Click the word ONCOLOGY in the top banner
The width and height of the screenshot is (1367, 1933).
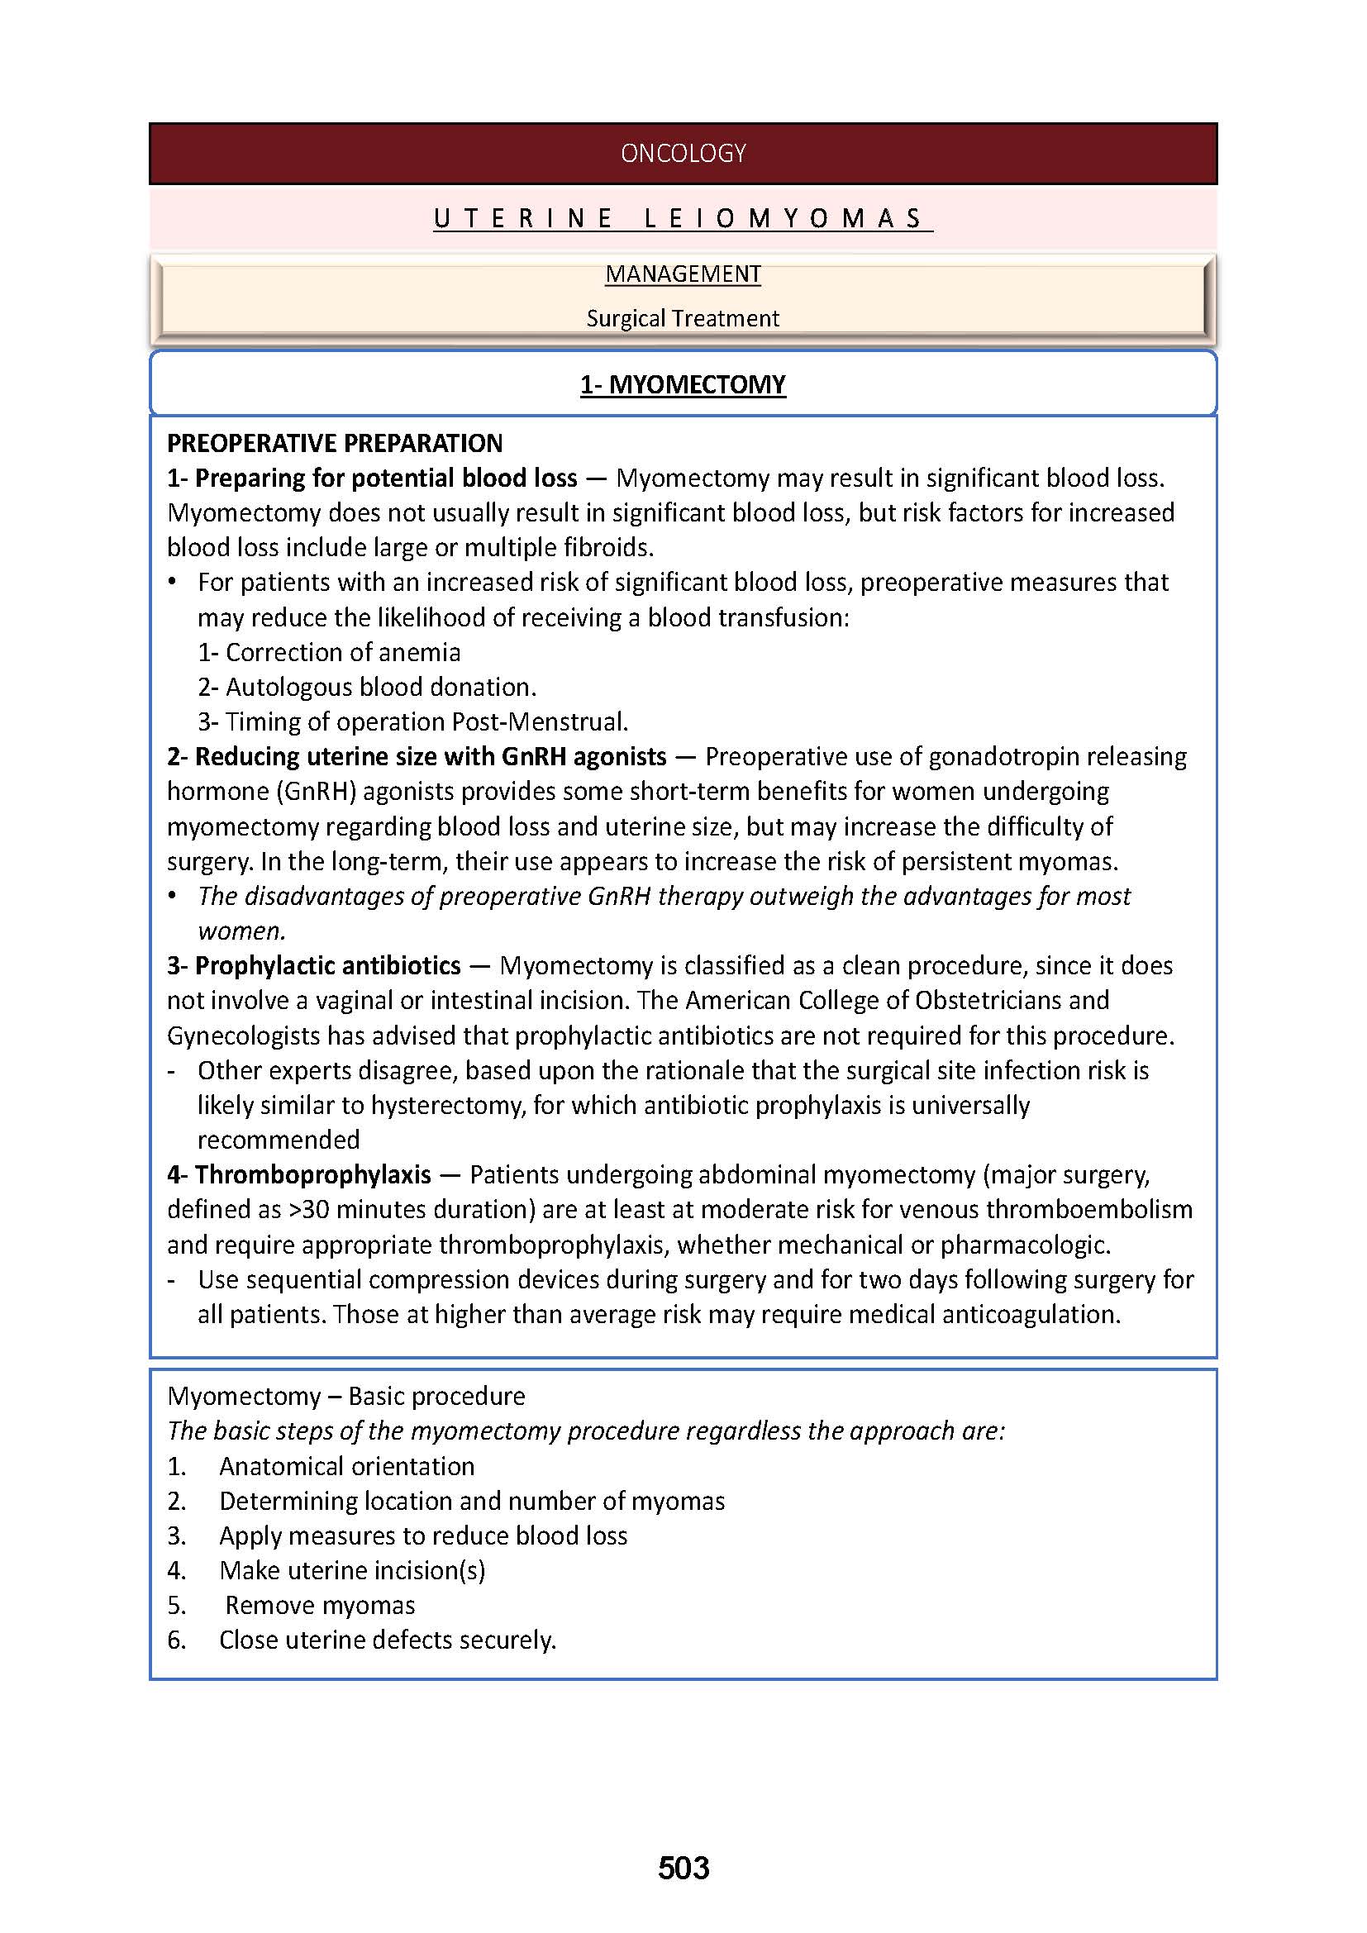(x=683, y=153)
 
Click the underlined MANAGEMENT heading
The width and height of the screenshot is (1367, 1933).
(x=683, y=274)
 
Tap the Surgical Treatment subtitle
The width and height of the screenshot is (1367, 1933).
(x=683, y=318)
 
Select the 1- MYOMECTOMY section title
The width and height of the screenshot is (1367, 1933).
(x=683, y=385)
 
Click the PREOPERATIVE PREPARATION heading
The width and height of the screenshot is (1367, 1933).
(x=334, y=443)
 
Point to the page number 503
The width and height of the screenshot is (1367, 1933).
(x=683, y=1869)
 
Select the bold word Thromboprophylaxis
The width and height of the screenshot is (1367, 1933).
(x=313, y=1174)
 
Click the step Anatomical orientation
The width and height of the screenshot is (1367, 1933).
(x=347, y=1467)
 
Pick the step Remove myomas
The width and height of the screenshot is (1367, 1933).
(x=320, y=1606)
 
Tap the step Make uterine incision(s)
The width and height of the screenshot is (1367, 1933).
(x=352, y=1571)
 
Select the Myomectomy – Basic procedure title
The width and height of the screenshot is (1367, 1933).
(x=346, y=1397)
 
